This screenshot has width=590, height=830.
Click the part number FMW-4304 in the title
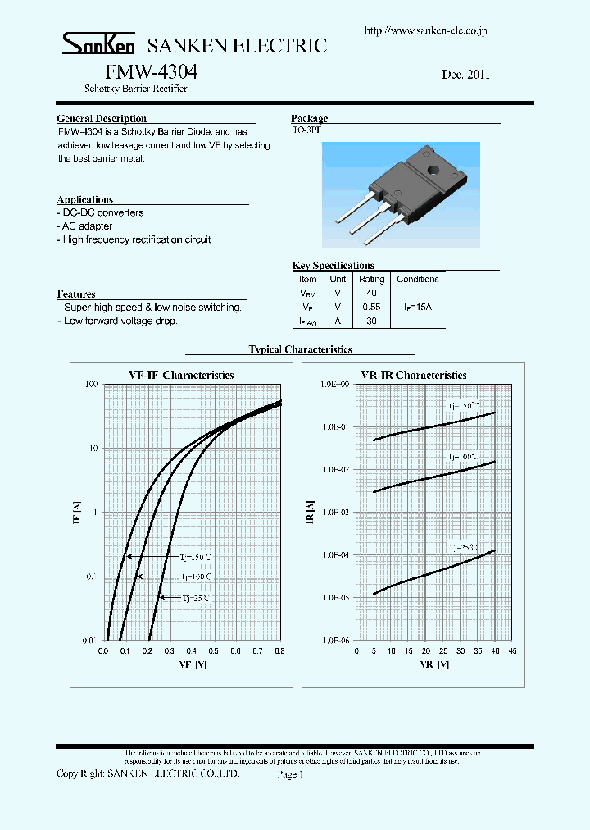pos(152,71)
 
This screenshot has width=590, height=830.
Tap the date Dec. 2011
pos(465,74)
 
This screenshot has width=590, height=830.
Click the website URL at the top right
pos(425,30)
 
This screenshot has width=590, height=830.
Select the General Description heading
pos(102,119)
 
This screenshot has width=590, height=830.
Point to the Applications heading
pos(85,199)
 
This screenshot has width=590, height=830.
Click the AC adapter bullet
pos(85,226)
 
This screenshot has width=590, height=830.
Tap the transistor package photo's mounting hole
pos(431,171)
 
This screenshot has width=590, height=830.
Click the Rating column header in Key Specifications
pos(371,279)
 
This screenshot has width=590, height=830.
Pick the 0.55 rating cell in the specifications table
pos(371,307)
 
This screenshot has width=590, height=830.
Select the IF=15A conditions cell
pos(418,307)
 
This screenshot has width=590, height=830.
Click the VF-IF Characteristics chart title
pos(181,375)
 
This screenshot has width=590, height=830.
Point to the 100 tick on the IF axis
pos(91,385)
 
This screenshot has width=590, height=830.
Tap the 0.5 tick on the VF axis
pos(213,650)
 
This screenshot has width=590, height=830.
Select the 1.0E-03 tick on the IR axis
pos(336,512)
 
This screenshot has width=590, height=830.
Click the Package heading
pos(309,119)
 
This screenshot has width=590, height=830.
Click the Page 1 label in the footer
pos(290,773)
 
